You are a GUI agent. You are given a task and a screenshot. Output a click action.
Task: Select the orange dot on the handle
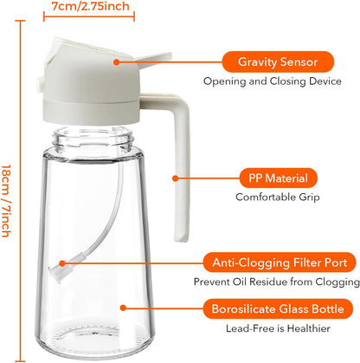point(175,178)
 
